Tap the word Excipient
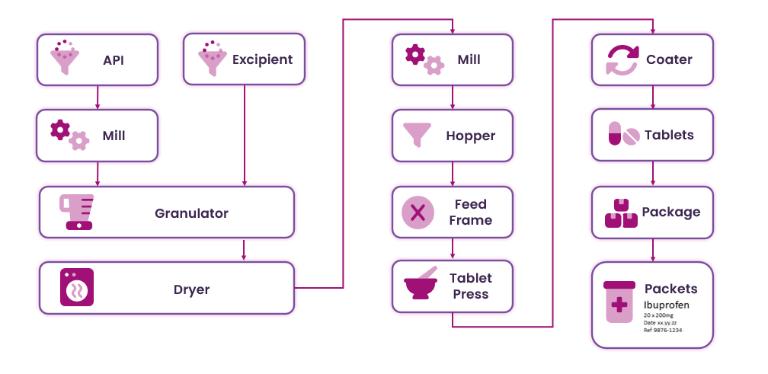tap(262, 59)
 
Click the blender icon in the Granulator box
tap(78, 212)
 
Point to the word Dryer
tap(191, 289)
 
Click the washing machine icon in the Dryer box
tap(76, 288)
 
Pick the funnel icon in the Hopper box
tap(418, 135)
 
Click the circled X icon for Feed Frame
tap(418, 212)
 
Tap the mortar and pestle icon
tap(420, 285)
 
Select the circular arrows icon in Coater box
tap(621, 59)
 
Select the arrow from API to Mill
tap(97, 97)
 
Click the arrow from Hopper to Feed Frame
tap(453, 174)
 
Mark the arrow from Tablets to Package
tap(652, 173)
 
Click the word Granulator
tap(191, 213)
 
